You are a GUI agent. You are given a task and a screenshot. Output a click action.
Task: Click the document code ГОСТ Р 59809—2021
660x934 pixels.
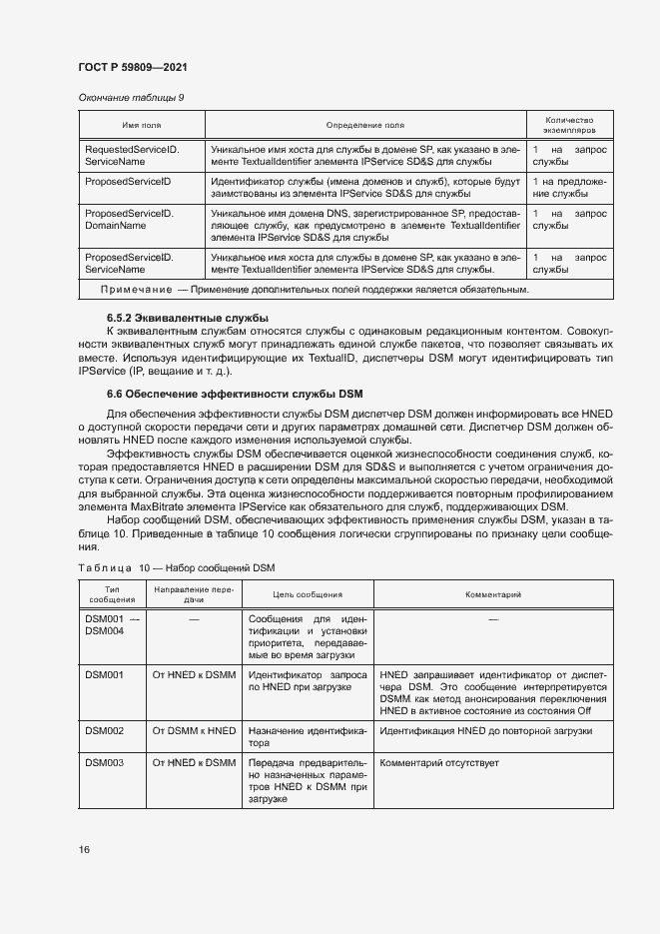tap(132, 67)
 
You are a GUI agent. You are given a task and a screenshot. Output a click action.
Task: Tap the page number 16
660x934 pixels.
tap(84, 849)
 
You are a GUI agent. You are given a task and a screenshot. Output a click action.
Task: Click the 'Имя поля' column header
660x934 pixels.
tap(142, 125)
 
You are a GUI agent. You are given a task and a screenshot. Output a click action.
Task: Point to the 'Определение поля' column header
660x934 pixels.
tap(364, 125)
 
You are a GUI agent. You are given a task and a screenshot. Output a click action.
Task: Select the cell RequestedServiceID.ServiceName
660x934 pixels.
tap(132, 154)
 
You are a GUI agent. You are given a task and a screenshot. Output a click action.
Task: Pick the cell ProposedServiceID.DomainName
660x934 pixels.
tap(130, 219)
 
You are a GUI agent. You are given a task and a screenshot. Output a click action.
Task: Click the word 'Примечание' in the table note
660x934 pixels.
tap(137, 290)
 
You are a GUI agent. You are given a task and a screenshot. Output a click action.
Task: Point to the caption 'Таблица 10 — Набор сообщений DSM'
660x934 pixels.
tap(176, 567)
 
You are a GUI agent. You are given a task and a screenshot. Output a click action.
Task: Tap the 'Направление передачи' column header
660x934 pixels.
tap(194, 594)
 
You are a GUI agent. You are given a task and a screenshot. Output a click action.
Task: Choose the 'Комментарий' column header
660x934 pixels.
tap(492, 594)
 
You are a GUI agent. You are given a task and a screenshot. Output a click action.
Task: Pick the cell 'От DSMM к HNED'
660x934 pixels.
tap(194, 731)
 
